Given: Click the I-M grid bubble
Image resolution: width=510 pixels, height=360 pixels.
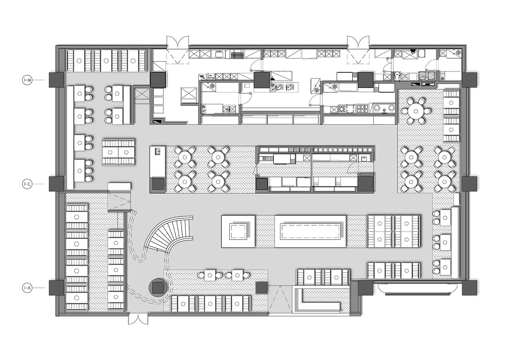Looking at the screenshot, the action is (27, 80).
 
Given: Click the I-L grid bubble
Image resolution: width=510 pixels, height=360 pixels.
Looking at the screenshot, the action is (27, 184).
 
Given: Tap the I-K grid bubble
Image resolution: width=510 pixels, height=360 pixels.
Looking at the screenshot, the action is (27, 288).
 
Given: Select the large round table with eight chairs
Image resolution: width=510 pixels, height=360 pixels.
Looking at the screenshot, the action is (416, 111).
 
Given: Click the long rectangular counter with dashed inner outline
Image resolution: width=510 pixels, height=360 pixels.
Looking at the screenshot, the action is (310, 231).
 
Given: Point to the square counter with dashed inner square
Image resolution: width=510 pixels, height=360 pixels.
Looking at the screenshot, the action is (238, 231).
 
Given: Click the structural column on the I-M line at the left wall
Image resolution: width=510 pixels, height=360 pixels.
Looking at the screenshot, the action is (56, 80).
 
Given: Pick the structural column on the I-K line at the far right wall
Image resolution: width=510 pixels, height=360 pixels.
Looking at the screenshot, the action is (470, 288).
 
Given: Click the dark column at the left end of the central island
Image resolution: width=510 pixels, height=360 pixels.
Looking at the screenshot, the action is (158, 184).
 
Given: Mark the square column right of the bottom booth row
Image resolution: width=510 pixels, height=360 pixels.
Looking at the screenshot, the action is (262, 288).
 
